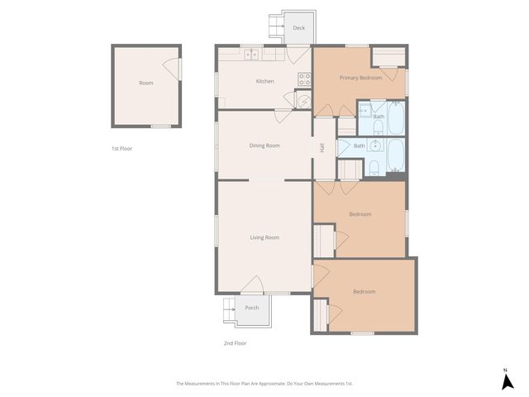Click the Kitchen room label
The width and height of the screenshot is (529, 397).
click(264, 81)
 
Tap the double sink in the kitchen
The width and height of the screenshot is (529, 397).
click(252, 55)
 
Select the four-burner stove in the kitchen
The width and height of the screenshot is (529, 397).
click(304, 80)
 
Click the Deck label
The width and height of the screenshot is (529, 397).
click(298, 28)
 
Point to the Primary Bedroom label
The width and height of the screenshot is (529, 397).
click(360, 78)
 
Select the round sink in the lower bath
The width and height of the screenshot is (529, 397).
click(375, 146)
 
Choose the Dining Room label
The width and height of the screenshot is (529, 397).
click(264, 146)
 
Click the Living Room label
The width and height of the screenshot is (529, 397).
click(264, 237)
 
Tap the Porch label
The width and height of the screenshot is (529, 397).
click(252, 308)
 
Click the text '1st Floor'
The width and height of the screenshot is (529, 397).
click(122, 149)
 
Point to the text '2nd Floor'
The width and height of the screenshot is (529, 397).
click(235, 342)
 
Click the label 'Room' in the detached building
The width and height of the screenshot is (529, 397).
click(145, 84)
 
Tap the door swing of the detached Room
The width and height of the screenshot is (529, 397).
click(171, 70)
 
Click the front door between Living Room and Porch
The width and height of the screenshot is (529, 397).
click(253, 285)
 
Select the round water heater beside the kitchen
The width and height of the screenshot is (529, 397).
click(303, 101)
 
